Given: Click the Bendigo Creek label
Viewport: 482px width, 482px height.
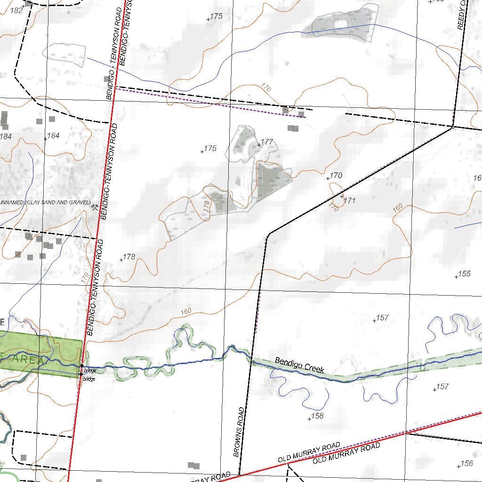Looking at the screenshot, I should click(x=299, y=365).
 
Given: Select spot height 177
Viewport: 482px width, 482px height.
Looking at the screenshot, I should click(x=259, y=145).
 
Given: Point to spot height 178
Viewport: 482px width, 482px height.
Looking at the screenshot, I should click(x=121, y=260).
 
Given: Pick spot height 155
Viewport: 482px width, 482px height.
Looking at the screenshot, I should click(x=456, y=277).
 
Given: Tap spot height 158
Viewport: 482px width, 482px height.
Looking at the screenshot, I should click(x=309, y=419).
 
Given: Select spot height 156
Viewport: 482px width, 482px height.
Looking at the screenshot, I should click(x=459, y=466).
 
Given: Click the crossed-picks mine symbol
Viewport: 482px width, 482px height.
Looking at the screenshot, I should click(x=96, y=207).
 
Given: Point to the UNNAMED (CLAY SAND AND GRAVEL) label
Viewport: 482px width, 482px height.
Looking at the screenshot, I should click(x=45, y=202).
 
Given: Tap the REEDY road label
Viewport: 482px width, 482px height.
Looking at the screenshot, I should click(x=461, y=15).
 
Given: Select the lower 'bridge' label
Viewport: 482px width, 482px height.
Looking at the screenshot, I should click(x=89, y=379).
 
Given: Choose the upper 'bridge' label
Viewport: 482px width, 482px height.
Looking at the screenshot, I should click(x=89, y=371).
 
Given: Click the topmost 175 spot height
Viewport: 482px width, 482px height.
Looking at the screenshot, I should click(x=209, y=19).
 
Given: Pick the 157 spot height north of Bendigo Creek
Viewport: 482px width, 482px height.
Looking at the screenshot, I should click(x=375, y=321).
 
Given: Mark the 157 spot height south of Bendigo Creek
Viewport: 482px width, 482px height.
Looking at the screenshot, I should click(x=434, y=390).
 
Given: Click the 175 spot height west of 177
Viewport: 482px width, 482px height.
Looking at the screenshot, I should click(x=202, y=152).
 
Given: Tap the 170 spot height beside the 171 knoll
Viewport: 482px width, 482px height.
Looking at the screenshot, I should click(x=328, y=178).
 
